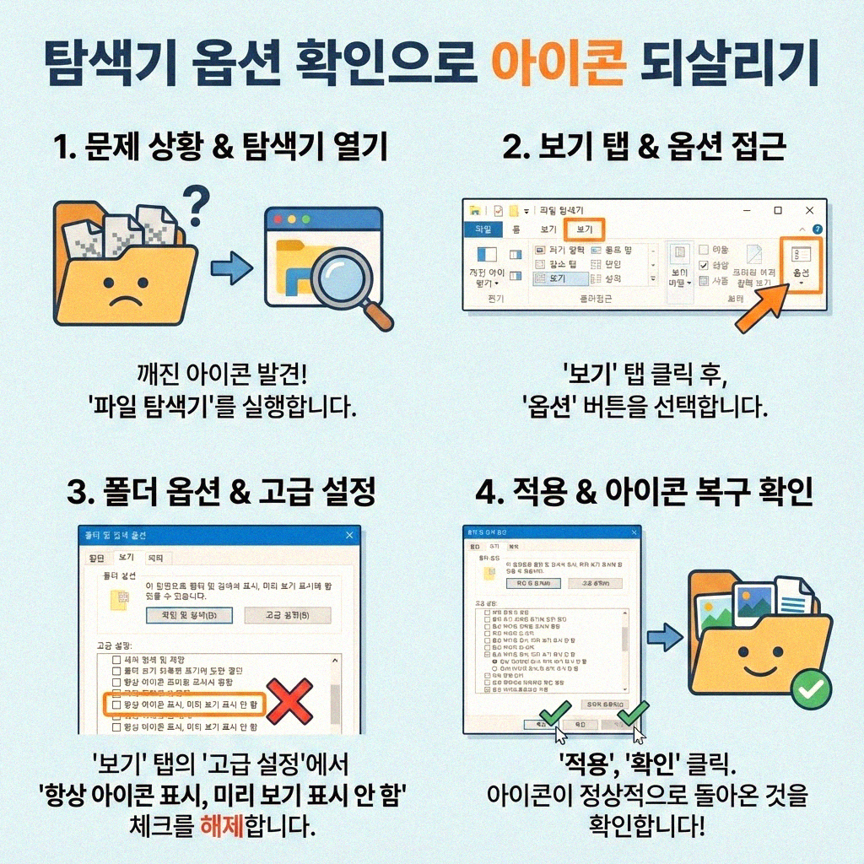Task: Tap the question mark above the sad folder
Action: pyautogui.click(x=196, y=203)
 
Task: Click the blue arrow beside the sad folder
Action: pyautogui.click(x=230, y=270)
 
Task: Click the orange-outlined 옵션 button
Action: pyautogui.click(x=800, y=264)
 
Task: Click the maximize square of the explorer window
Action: pyautogui.click(x=778, y=210)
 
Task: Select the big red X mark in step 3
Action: pyautogui.click(x=289, y=701)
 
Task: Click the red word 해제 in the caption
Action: pyautogui.click(x=221, y=824)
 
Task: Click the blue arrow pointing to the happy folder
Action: pyautogui.click(x=669, y=636)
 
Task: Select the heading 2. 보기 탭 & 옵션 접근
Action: pyautogui.click(x=645, y=148)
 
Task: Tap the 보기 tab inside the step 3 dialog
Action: pyautogui.click(x=126, y=558)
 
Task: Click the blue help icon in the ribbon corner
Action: pyautogui.click(x=816, y=229)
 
